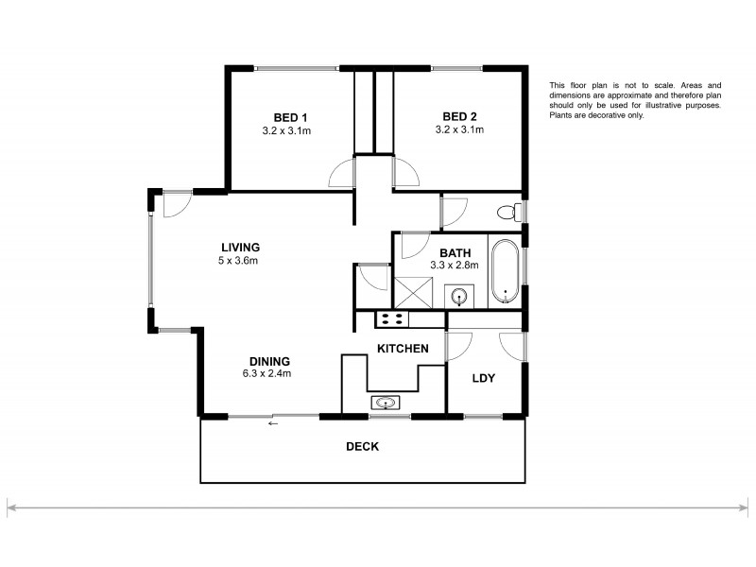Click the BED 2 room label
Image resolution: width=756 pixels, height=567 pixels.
point(458,117)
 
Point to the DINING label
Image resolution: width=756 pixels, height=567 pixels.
point(269,361)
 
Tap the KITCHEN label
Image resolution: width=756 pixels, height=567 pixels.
point(404,349)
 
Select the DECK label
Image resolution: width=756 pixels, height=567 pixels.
point(362,447)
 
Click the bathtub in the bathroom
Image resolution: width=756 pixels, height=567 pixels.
point(505,271)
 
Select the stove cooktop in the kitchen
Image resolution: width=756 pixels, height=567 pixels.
point(391,318)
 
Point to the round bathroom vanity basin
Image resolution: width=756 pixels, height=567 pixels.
point(460,297)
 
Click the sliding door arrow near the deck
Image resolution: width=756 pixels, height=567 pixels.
point(273,422)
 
